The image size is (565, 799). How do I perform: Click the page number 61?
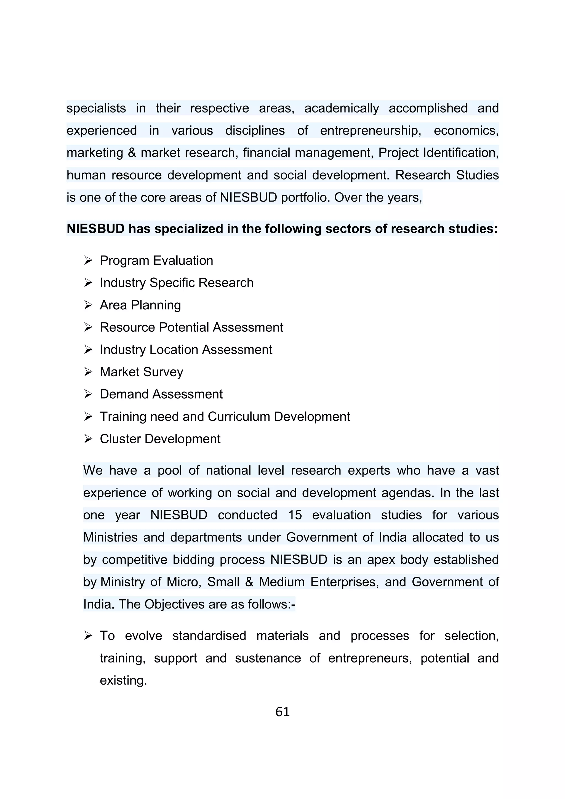[282, 712]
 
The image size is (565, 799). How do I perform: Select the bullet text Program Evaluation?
[156, 261]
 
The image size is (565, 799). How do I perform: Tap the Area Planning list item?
[140, 305]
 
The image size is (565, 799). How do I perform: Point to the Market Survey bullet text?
[141, 372]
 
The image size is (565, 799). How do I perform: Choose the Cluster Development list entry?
[160, 439]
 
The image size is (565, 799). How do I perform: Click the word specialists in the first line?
[96, 108]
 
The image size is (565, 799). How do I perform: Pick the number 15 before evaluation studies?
[295, 515]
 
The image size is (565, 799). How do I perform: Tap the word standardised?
[209, 636]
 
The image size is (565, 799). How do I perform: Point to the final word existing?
[123, 680]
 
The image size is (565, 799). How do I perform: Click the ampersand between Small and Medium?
[249, 582]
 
